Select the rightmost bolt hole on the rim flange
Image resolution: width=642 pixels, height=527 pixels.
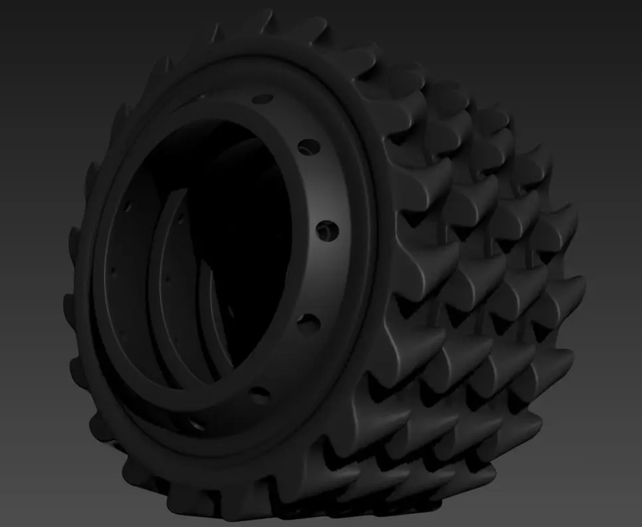(x=326, y=231)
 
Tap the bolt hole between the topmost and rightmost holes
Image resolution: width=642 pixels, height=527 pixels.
(x=308, y=146)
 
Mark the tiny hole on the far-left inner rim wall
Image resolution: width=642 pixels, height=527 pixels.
(x=112, y=272)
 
